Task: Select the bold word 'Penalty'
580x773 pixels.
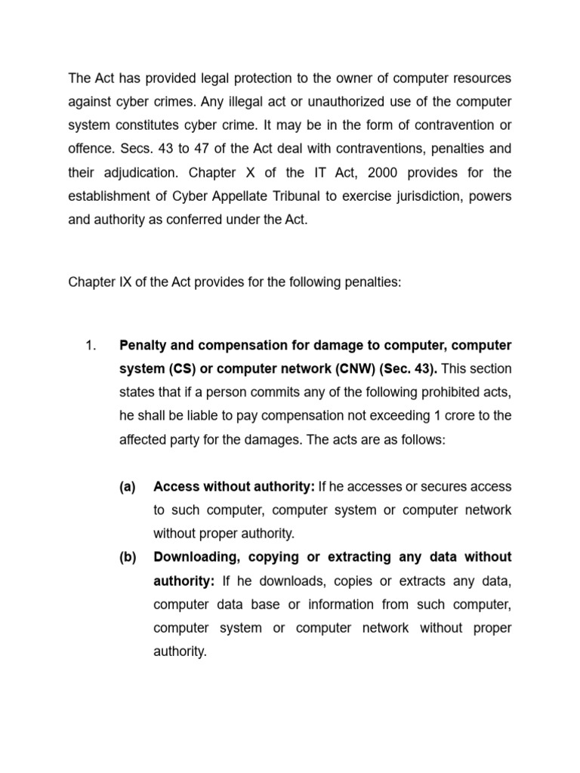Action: tap(143, 346)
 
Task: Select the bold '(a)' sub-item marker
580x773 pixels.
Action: tap(128, 487)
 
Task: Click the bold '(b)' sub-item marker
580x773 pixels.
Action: tap(128, 557)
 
